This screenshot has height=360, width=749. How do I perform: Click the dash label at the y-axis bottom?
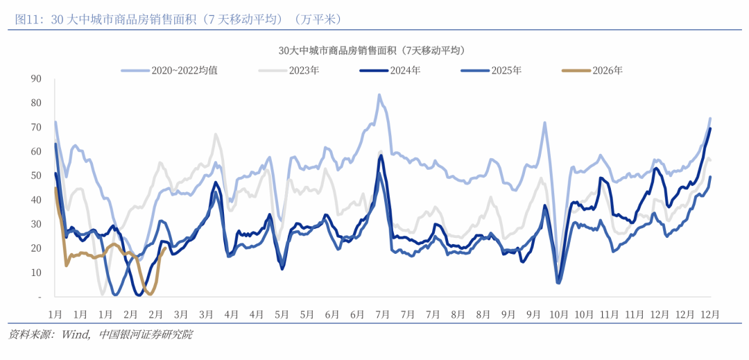click(40, 297)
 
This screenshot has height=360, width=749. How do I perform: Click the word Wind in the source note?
click(76, 335)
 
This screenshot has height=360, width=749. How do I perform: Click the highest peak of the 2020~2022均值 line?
click(379, 95)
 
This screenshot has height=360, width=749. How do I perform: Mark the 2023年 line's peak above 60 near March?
click(215, 135)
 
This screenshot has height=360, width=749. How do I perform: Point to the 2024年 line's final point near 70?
click(710, 128)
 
